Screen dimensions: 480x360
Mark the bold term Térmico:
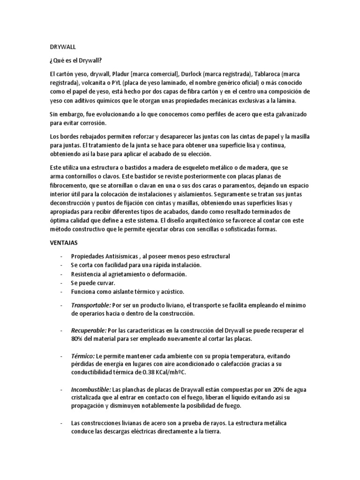click(x=82, y=355)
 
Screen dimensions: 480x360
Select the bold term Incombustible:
click(x=91, y=390)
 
